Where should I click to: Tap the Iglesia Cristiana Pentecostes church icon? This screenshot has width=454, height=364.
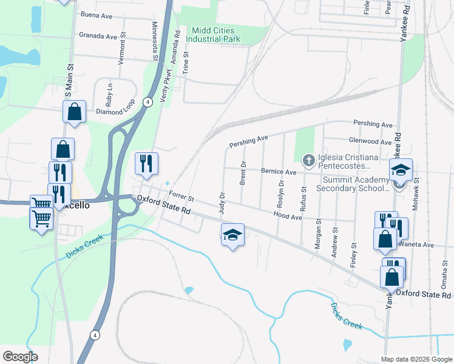pos(308,160)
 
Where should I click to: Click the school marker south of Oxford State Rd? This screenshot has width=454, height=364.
pos(232,235)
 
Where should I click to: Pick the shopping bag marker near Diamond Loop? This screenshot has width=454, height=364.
pos(74,112)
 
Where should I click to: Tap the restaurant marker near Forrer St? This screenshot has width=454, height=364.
pos(146,163)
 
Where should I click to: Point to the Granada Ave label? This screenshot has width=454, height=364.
pos(98,36)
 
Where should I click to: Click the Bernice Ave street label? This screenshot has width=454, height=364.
pos(279,172)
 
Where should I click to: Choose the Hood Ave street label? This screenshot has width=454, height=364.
pos(288,215)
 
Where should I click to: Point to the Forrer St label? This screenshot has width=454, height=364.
pos(181,197)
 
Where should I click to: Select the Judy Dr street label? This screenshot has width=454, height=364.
pos(222,203)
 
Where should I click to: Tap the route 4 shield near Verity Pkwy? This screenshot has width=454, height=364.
pos(147,102)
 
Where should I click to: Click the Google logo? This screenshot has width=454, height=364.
pos(20,357)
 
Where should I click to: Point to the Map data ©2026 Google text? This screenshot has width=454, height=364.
pos(415,359)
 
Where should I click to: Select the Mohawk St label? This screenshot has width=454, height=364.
pos(416,189)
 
